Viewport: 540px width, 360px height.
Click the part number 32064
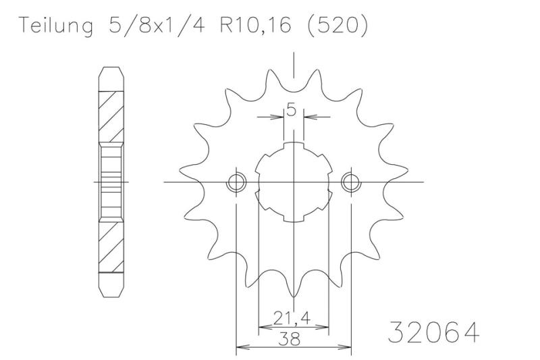[433, 332]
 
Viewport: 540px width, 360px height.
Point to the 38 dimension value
[293, 341]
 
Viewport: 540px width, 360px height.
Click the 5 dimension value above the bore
[292, 109]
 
